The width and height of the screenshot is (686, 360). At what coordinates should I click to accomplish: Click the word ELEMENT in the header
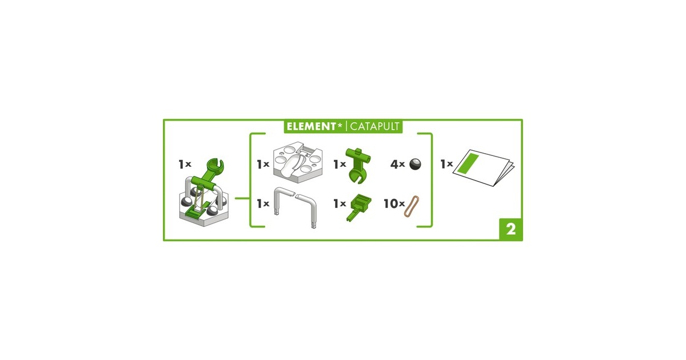(x=311, y=126)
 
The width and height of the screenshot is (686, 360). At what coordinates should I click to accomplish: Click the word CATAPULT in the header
(x=374, y=126)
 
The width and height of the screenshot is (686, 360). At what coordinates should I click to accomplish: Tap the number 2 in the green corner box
(x=511, y=229)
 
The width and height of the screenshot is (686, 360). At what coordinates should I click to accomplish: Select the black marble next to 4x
(x=415, y=164)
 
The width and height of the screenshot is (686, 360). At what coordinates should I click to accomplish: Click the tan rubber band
(x=411, y=206)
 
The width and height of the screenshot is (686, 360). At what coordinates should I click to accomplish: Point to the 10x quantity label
(x=394, y=203)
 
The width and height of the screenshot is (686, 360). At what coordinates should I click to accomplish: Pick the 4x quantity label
(x=397, y=165)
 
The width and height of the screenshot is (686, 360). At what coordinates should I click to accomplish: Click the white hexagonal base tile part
(x=297, y=162)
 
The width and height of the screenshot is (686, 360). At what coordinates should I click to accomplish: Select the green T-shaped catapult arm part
(x=358, y=166)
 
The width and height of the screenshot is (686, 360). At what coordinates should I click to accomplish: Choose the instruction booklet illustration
(x=484, y=168)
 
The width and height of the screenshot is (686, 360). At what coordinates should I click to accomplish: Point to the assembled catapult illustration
(x=204, y=193)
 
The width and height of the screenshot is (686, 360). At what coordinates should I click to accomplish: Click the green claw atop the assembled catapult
(x=216, y=166)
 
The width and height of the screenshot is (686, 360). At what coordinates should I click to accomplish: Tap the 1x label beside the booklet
(x=446, y=165)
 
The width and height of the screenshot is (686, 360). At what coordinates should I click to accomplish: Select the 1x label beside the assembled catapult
(x=185, y=165)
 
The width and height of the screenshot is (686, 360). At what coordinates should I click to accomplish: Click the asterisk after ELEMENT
(x=340, y=125)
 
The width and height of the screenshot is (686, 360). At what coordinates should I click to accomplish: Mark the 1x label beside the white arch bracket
(x=263, y=203)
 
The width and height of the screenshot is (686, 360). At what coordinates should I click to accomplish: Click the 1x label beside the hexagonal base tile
(x=263, y=165)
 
